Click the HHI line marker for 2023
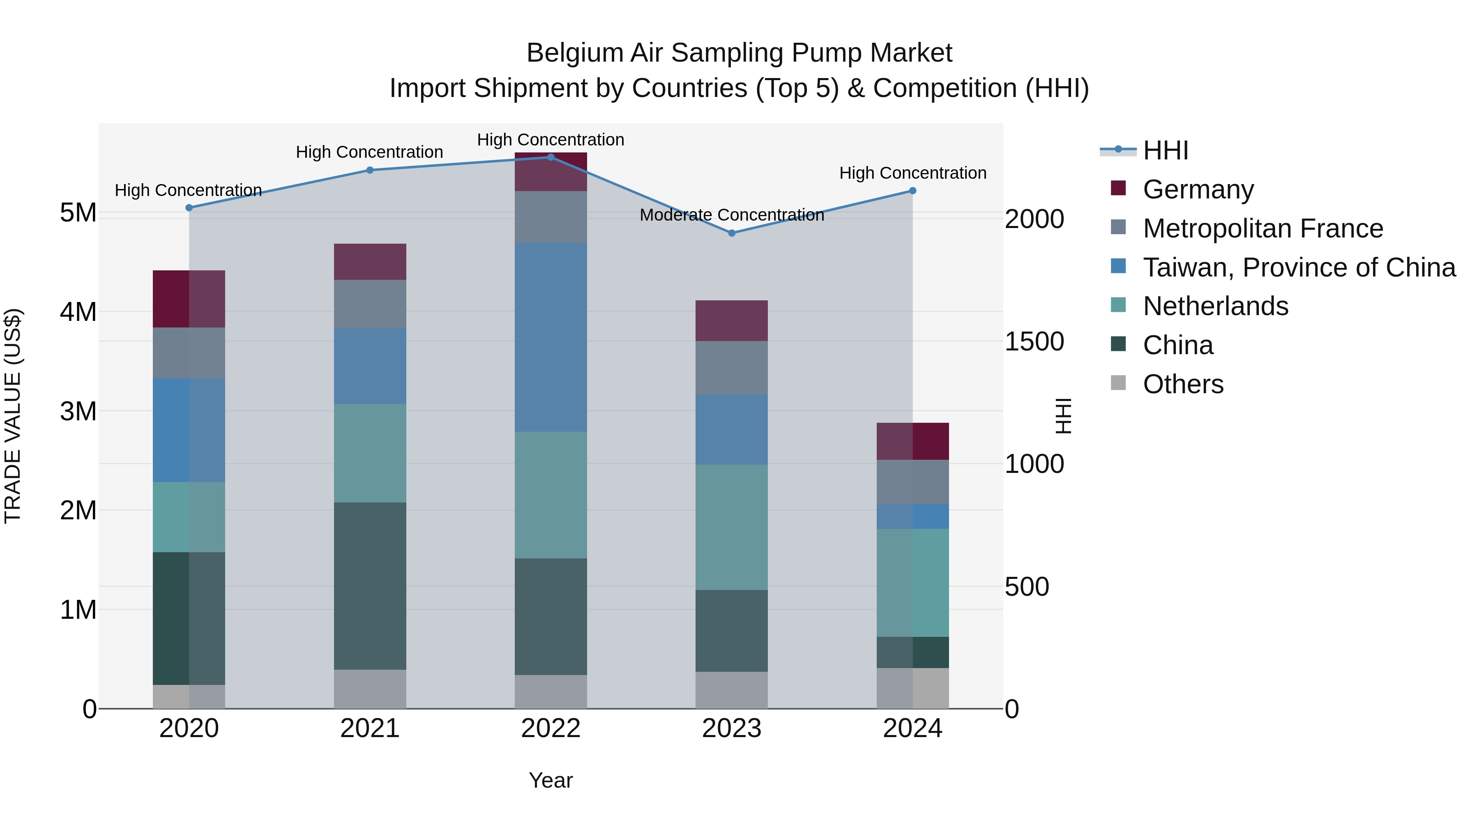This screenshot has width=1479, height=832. click(x=731, y=233)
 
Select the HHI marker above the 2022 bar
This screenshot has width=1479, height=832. click(x=551, y=157)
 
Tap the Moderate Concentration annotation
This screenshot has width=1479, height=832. click(x=731, y=215)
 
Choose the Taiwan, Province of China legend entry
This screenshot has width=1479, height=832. click(x=1299, y=267)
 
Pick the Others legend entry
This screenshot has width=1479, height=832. click(x=1183, y=384)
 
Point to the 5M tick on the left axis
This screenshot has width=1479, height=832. click(x=78, y=213)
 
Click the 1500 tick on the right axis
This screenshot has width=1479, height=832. click(x=1034, y=342)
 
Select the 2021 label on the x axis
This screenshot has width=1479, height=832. click(x=370, y=728)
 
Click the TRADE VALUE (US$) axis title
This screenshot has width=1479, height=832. click(x=13, y=416)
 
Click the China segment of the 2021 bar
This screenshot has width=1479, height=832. click(x=370, y=585)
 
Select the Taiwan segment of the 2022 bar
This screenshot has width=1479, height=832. click(x=551, y=337)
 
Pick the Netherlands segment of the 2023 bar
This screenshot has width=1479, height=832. click(x=731, y=527)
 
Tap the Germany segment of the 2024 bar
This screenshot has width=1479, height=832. click(x=912, y=441)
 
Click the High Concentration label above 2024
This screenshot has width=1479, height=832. click(x=912, y=173)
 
